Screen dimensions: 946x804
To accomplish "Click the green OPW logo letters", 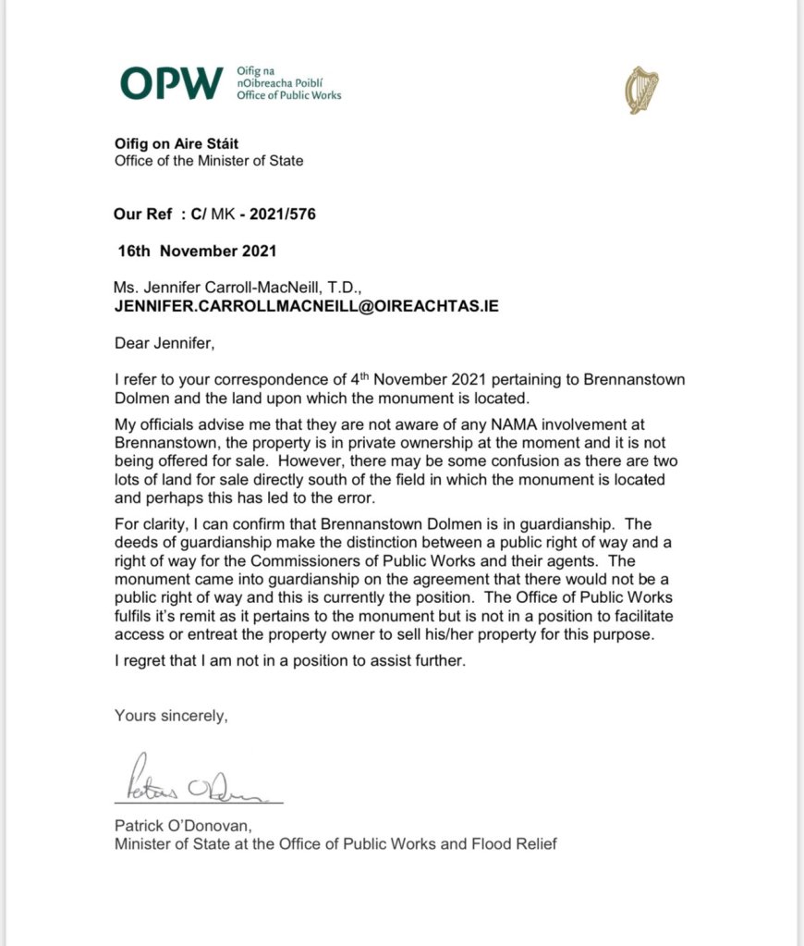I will [172, 83].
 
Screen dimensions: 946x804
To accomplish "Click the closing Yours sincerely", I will [171, 715].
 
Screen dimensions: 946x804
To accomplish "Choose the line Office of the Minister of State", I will [209, 160].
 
